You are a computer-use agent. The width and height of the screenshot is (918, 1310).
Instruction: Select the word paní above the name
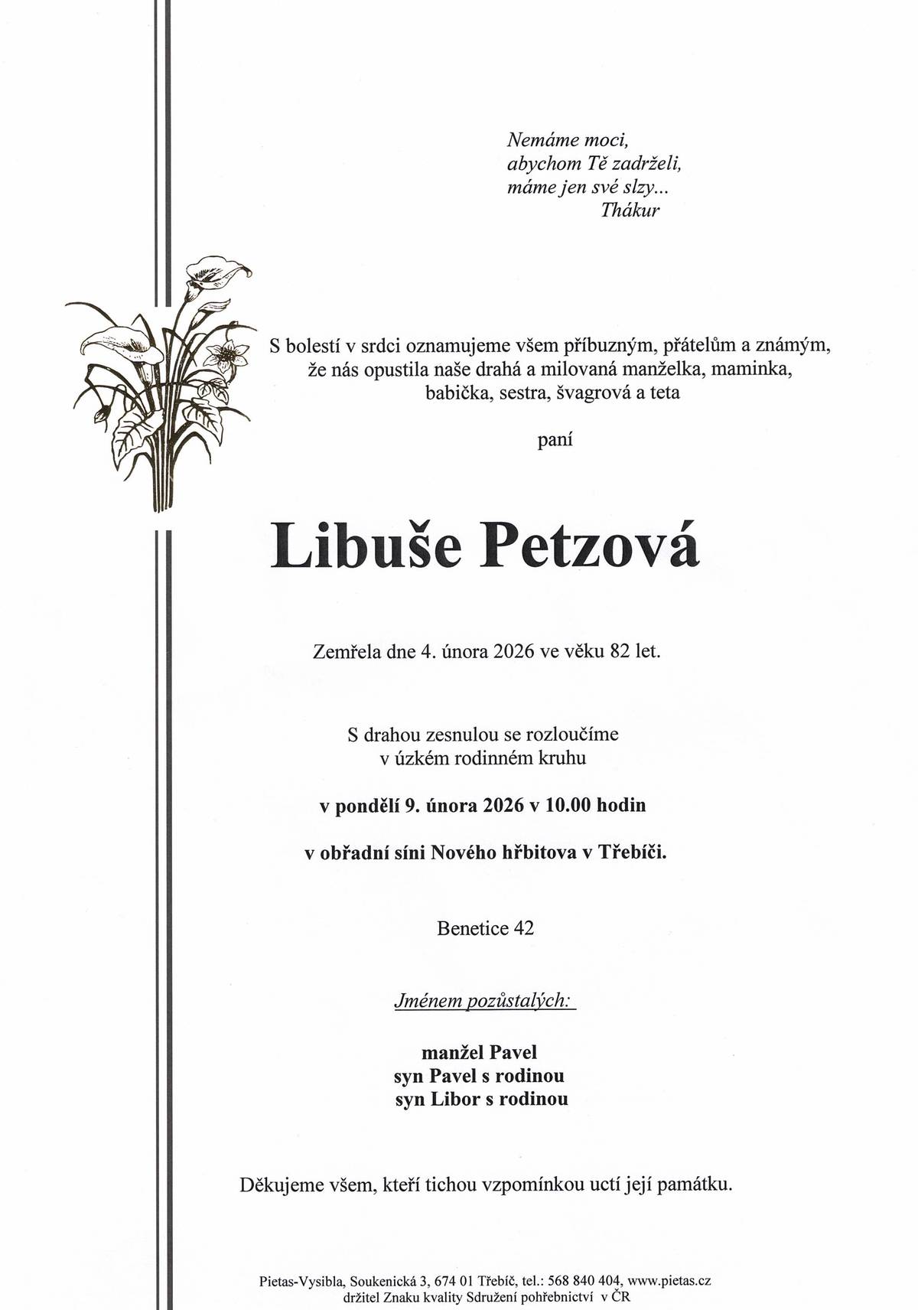tap(555, 441)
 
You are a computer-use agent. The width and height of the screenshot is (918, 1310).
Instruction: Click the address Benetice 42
tap(486, 928)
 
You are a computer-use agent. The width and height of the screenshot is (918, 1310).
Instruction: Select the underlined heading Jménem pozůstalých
tap(482, 1000)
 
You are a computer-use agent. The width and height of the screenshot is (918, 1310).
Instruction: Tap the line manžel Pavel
tap(480, 1051)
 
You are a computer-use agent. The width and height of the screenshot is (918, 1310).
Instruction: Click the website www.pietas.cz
tap(669, 1279)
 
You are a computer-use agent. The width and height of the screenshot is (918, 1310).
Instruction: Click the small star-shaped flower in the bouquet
tap(227, 354)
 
